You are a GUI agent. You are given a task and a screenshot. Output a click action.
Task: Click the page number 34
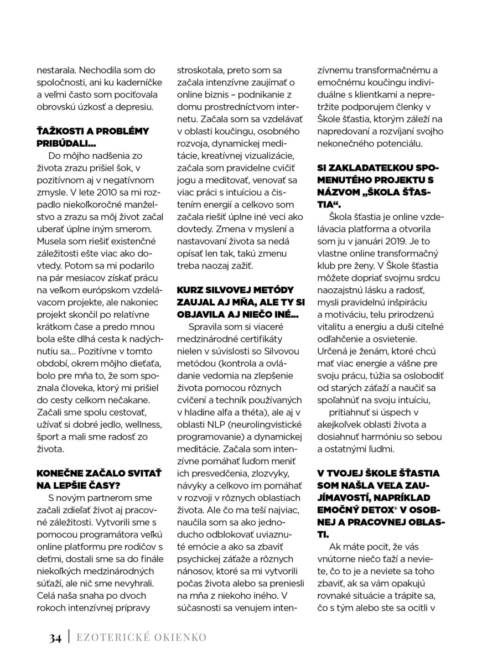click(x=55, y=638)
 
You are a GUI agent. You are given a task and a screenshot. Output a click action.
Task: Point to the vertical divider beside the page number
click(x=68, y=637)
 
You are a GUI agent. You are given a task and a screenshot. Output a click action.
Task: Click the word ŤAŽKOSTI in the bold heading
click(x=60, y=131)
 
